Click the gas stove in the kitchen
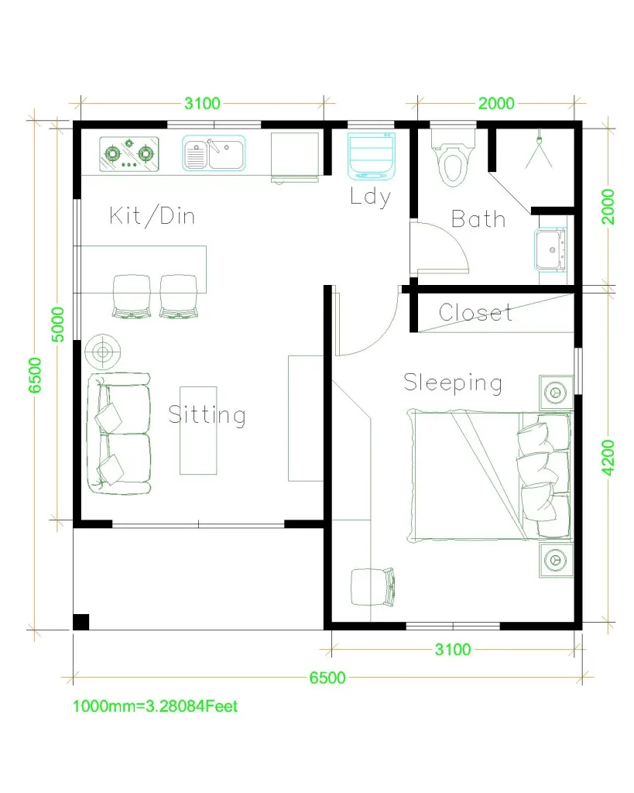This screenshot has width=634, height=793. pos(129,153)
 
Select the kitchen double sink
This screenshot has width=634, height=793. pos(214,153)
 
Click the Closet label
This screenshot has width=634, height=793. pos(475,313)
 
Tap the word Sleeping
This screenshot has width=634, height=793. pos(453,383)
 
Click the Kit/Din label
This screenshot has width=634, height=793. pos(153,215)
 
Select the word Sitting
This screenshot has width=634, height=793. pos(207,415)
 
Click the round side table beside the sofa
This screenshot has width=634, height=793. pos(102,353)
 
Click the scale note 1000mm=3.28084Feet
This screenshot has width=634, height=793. pos(155,706)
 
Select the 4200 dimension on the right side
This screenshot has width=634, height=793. pos(609,457)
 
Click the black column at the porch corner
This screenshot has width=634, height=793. pos(81,621)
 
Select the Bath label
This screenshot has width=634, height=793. pos(478,219)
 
